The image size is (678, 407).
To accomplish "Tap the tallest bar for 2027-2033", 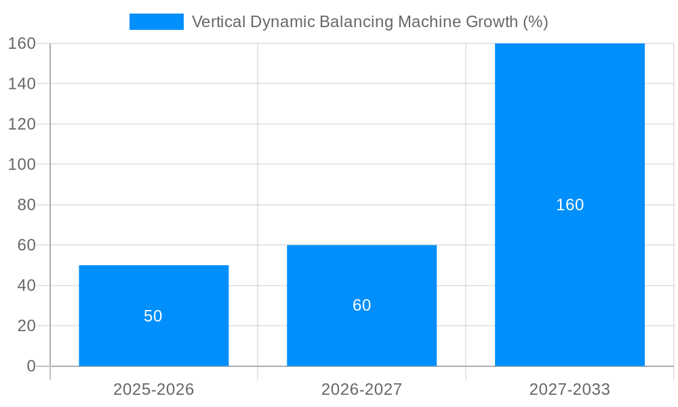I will tap(570, 136).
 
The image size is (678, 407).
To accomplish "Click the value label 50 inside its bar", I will tap(153, 316).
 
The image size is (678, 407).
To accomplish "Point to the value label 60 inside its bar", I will tap(361, 305).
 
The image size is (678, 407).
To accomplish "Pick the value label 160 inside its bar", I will tap(570, 205).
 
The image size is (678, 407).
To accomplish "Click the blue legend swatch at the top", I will tap(156, 22).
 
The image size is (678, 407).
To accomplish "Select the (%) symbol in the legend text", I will tap(536, 22).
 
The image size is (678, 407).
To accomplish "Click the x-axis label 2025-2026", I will tap(153, 389).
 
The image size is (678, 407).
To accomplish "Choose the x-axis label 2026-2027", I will tap(361, 389).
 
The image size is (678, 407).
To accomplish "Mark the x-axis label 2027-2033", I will tap(570, 389).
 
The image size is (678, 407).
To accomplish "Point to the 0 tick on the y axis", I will tap(31, 366).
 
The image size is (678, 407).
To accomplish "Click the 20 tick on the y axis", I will tap(26, 326).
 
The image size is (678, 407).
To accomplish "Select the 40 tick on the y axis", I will tap(26, 286).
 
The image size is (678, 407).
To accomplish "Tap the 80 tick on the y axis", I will tap(26, 205).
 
